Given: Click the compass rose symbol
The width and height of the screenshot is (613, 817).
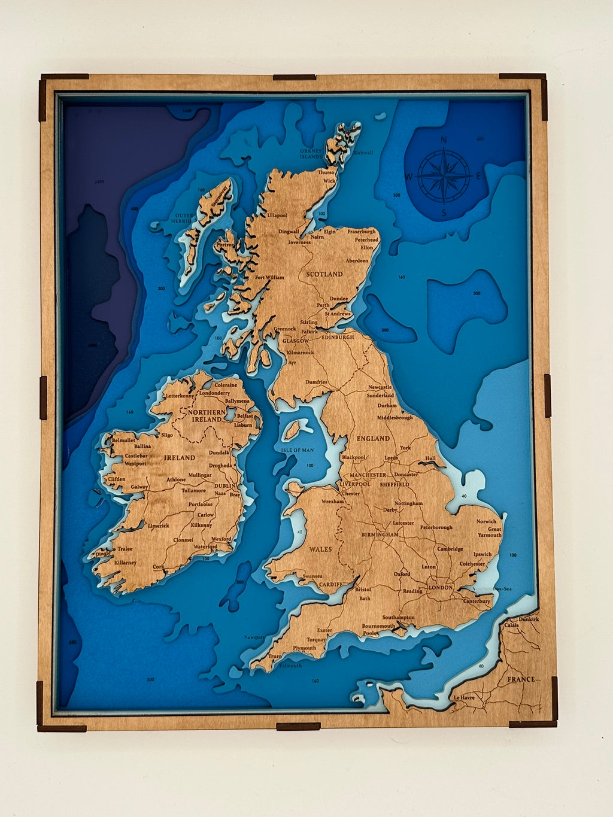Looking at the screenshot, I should (444, 176).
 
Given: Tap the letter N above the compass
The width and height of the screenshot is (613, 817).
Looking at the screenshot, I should (444, 141).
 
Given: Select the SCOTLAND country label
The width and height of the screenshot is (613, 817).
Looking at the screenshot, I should (324, 274).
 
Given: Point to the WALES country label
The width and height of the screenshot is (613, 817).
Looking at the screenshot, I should (320, 549).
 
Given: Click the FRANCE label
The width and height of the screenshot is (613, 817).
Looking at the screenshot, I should (520, 679).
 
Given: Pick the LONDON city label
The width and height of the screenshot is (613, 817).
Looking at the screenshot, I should (441, 588).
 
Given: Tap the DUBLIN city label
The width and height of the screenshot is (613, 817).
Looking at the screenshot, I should (225, 486).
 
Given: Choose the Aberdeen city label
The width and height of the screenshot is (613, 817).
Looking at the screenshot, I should (357, 261).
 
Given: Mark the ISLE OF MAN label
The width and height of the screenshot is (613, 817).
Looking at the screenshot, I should (298, 450).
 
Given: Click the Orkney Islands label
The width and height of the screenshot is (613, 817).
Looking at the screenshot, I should (311, 154).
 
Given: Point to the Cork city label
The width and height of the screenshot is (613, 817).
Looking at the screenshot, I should (159, 566).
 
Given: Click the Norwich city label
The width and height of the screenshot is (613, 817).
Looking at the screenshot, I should (486, 521).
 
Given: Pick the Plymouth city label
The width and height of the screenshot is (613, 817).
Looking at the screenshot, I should (304, 648).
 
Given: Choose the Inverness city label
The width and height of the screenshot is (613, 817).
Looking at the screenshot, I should (299, 242).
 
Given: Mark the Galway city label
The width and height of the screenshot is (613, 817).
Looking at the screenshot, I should (139, 487).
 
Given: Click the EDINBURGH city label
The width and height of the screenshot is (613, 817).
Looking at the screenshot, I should (338, 337).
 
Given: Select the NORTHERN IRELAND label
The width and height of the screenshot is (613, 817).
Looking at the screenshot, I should (207, 416).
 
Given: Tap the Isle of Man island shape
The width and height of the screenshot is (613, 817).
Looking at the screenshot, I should (293, 429).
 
